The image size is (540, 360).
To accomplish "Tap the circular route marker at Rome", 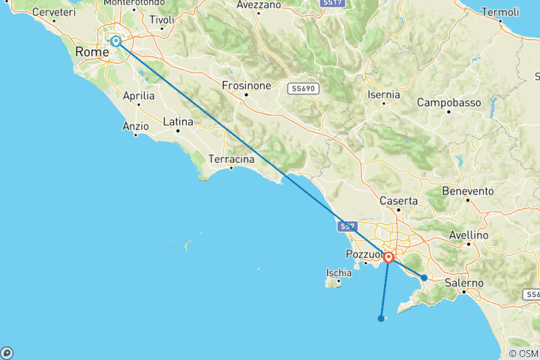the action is [116, 41].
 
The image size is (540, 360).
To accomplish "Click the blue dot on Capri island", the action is [381, 318].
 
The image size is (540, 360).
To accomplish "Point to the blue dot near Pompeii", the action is [424, 278].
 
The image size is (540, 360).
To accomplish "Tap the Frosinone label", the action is [246, 85].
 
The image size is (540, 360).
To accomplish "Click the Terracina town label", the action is [231, 160].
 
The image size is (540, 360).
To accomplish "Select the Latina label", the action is [178, 121].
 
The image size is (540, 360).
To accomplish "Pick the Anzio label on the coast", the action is [136, 127].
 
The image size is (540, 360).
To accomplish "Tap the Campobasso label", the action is [448, 102].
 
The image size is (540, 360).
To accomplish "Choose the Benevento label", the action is [468, 190].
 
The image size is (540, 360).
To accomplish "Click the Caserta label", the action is [399, 201].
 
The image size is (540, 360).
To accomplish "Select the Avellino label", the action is [469, 235].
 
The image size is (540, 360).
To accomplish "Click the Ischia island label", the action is [339, 273].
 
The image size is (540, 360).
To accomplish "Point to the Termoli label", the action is [501, 12].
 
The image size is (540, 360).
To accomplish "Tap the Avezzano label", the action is [239, 4].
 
